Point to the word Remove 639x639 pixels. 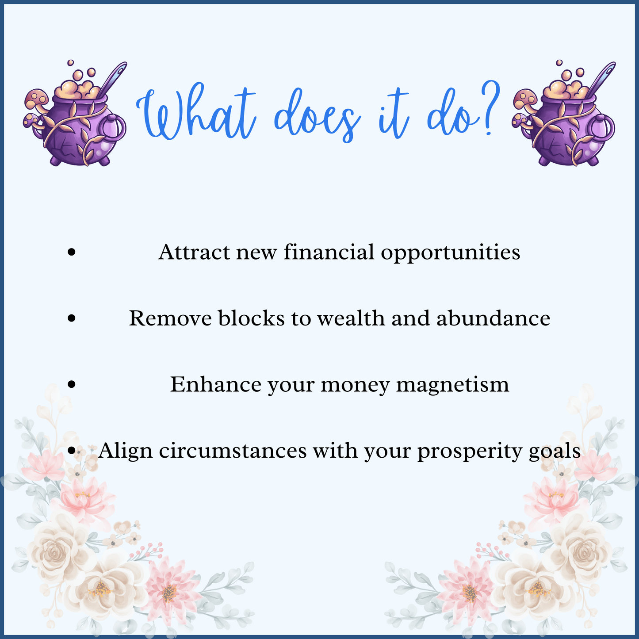point(170,318)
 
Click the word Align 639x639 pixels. point(125,452)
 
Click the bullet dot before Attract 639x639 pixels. point(72,252)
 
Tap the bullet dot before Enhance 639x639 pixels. point(72,384)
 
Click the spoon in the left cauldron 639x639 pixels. point(113,77)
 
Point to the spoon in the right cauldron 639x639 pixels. point(603,77)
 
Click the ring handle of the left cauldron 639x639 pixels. point(114,128)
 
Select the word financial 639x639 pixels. point(329,252)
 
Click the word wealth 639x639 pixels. point(351,318)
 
